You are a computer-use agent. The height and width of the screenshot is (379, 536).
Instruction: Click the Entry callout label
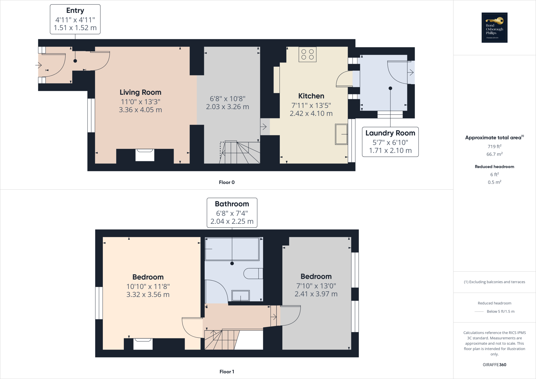75,11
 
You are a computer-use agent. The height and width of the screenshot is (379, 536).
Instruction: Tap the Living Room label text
140,92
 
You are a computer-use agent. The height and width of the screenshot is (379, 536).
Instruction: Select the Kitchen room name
311,96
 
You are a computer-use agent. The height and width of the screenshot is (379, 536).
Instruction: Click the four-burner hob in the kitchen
307,54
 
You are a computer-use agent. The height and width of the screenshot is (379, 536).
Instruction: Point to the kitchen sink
341,134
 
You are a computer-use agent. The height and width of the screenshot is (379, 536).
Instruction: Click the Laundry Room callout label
390,133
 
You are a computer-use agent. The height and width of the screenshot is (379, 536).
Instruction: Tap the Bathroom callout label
232,204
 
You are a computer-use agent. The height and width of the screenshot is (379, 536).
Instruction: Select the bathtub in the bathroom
232,249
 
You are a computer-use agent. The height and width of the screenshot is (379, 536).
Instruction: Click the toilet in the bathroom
253,274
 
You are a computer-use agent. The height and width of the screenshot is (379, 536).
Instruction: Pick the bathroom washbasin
241,296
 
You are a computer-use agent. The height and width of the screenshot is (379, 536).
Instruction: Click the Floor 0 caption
227,182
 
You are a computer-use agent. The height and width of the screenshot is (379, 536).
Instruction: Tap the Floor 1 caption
227,372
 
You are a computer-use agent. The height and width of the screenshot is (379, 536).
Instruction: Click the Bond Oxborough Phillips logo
494,27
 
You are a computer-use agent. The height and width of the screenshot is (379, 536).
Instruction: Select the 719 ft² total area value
494,147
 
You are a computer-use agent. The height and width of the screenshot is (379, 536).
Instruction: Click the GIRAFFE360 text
494,365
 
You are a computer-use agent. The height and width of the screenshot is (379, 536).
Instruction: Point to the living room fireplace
145,155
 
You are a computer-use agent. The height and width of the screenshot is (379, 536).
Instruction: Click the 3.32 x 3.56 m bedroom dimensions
148,295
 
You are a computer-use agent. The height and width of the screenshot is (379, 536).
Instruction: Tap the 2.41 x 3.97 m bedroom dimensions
316,294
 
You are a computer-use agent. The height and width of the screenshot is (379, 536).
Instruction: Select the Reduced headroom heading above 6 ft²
494,167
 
